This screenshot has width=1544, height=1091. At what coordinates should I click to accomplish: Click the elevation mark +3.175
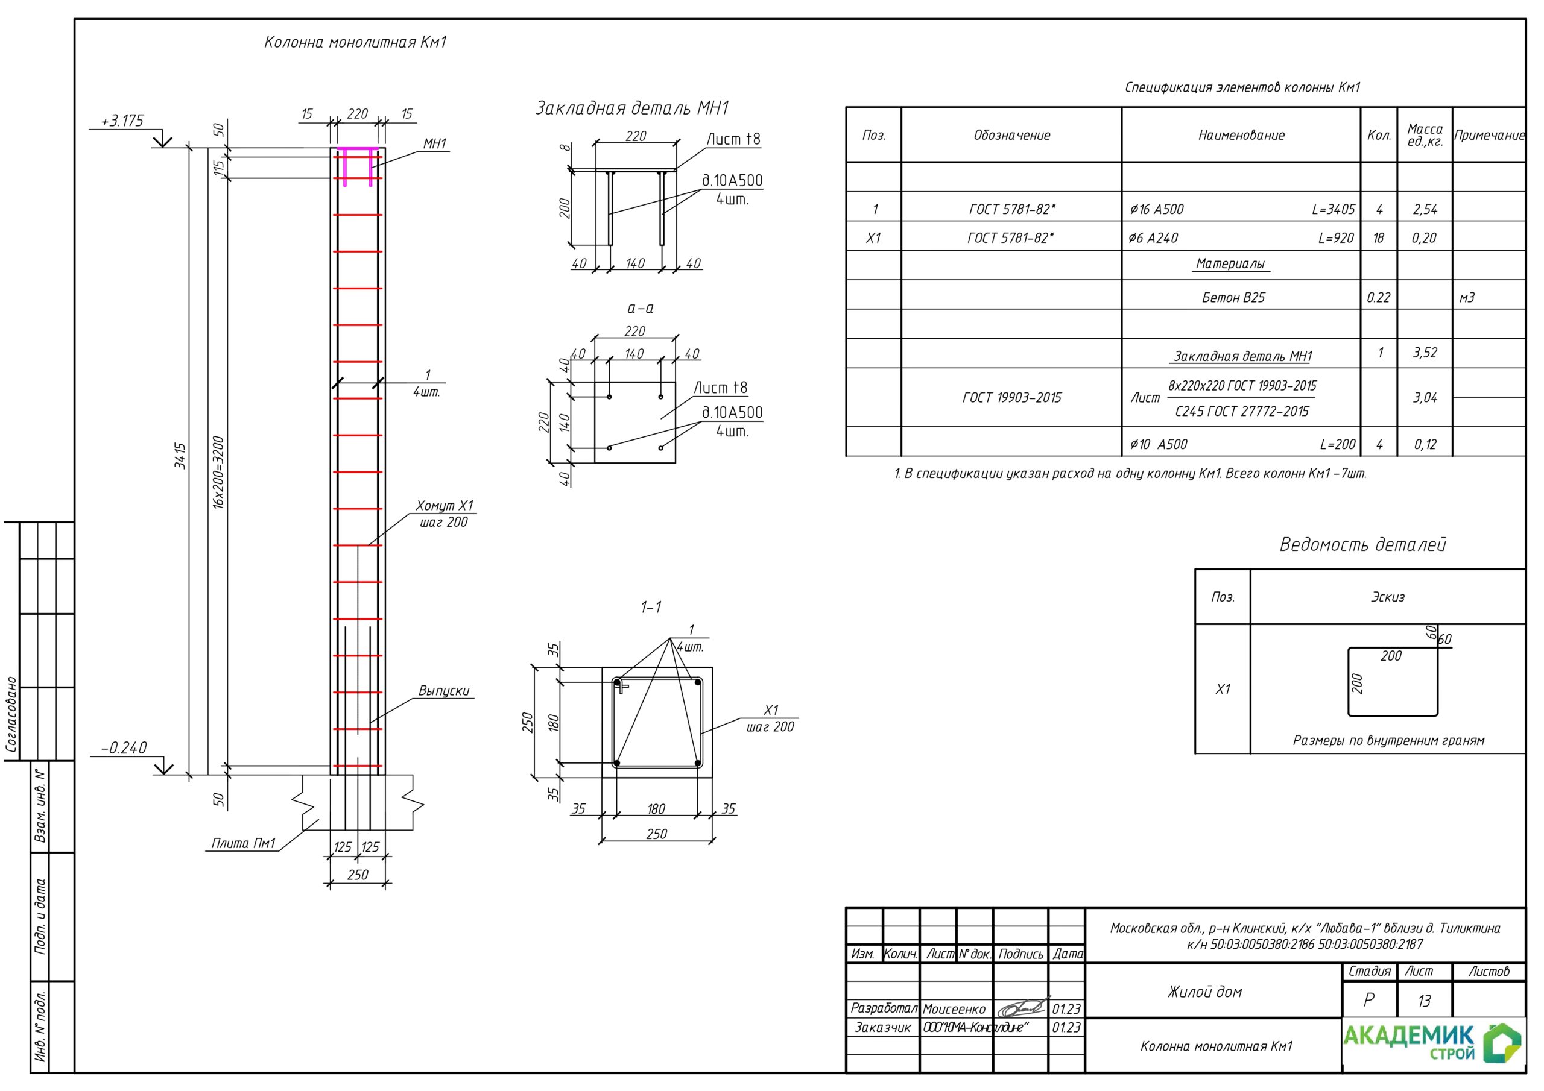(122, 121)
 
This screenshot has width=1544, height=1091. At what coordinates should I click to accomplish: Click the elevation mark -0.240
(124, 748)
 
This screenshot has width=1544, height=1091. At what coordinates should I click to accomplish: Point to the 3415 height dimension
(180, 456)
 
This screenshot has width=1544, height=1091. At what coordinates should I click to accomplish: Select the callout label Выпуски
(444, 690)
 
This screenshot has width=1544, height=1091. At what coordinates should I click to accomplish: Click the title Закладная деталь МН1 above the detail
(631, 108)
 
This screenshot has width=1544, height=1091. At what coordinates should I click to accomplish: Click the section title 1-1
(650, 607)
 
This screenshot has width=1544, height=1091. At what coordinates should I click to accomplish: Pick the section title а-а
(640, 309)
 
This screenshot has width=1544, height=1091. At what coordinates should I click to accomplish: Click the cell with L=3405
(1333, 209)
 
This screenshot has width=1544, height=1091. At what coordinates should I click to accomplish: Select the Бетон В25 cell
(1233, 297)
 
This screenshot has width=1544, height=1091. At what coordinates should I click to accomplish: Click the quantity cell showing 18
(1379, 238)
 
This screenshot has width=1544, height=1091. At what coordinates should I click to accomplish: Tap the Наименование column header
(1241, 135)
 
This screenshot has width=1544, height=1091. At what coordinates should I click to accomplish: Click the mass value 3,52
(1425, 352)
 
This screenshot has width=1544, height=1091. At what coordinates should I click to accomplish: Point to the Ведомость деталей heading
(1362, 544)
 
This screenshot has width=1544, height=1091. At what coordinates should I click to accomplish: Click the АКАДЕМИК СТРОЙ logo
(1432, 1043)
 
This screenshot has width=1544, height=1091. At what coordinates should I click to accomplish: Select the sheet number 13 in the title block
(1425, 1001)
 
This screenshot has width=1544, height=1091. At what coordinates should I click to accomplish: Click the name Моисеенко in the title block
(954, 1009)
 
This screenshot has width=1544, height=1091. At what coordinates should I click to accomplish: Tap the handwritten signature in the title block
(1022, 1008)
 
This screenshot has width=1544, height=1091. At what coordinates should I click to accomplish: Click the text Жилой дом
(1205, 992)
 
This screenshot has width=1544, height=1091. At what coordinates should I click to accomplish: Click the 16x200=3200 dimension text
(218, 473)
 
